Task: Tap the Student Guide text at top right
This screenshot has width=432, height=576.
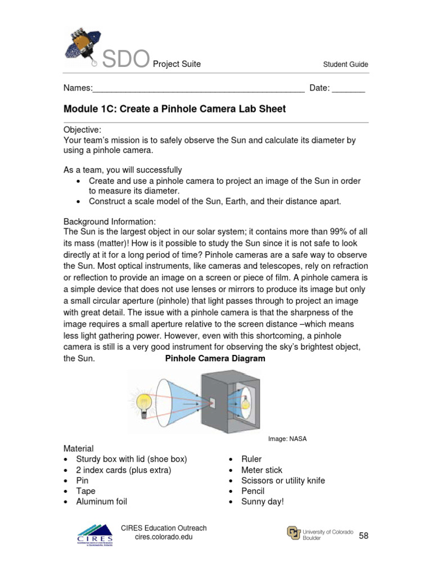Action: [345, 64]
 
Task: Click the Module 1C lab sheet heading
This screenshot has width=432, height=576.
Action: [174, 109]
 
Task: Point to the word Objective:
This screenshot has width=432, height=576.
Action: [82, 130]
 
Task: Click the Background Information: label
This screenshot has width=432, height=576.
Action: [110, 221]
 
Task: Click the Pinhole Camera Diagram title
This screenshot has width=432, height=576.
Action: [215, 358]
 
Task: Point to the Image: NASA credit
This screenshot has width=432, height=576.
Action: [287, 439]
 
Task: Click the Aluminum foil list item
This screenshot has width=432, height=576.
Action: [102, 501]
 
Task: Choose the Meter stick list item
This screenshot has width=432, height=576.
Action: [262, 470]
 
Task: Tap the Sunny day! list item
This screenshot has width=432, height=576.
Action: [263, 501]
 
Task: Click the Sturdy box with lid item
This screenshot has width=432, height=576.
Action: [131, 459]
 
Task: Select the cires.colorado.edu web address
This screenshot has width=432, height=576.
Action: [164, 538]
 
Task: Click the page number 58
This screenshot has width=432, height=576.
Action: [363, 536]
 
